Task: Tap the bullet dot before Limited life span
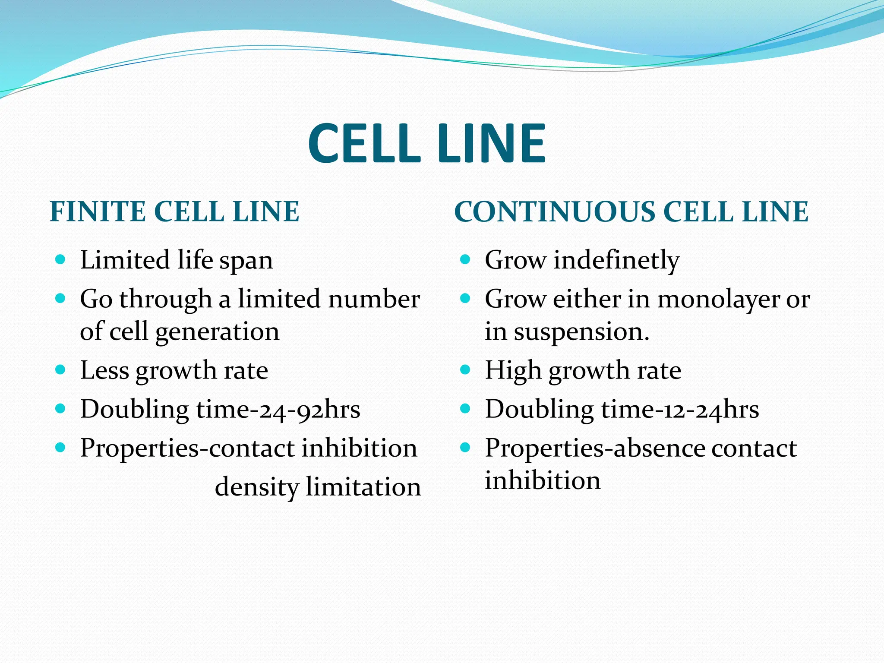tap(60, 259)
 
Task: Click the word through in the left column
tap(165, 300)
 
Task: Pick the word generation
tap(217, 333)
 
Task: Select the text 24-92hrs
tap(305, 409)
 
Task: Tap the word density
tap(256, 488)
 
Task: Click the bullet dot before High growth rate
tap(465, 370)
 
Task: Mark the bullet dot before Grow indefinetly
tap(465, 259)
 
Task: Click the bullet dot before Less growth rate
tap(60, 370)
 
